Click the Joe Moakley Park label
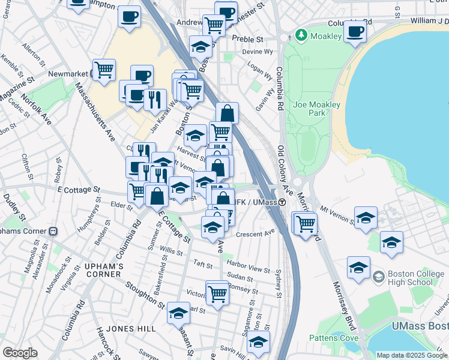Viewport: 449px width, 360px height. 317,109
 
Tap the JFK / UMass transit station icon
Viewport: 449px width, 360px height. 282,202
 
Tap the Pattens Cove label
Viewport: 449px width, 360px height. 334,338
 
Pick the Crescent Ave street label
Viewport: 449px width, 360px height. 255,232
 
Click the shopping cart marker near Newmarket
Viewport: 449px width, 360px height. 104,70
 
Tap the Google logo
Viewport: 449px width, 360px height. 20,353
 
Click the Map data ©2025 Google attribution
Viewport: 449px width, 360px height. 411,355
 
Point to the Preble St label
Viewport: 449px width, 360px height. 252,39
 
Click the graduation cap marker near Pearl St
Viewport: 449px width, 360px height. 178,313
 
